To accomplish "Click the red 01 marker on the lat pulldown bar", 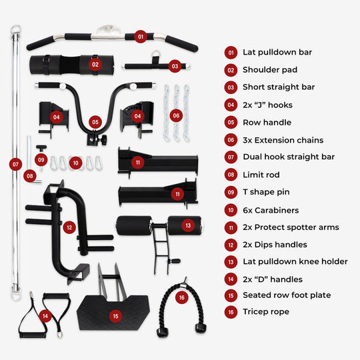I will pyautogui.click(x=140, y=37).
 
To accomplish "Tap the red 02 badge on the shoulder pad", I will pyautogui.click(x=95, y=65).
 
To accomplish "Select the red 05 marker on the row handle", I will pyautogui.click(x=96, y=122).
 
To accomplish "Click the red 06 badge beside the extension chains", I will pyautogui.click(x=176, y=115).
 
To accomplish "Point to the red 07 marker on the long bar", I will pyautogui.click(x=15, y=163).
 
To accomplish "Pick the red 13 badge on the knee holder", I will pyautogui.click(x=188, y=226).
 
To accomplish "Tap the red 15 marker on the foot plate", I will pyautogui.click(x=116, y=316).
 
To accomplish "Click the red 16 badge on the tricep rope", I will pyautogui.click(x=181, y=298).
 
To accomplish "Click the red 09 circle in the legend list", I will pyautogui.click(x=231, y=192).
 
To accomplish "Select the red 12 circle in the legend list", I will pyautogui.click(x=231, y=244).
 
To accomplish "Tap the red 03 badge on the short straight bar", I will pyautogui.click(x=175, y=66).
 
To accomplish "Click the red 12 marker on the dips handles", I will pyautogui.click(x=69, y=227).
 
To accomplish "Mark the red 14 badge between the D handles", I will pyautogui.click(x=45, y=315).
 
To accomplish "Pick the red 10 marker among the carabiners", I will pyautogui.click(x=76, y=162).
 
